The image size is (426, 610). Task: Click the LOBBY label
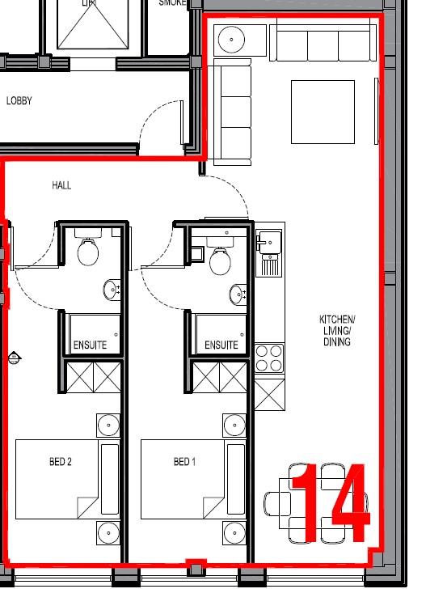click(19, 101)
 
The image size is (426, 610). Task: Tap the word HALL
click(61, 185)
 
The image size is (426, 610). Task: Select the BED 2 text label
click(60, 462)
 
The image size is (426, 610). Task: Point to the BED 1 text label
click(184, 462)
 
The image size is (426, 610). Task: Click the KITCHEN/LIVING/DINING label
click(336, 331)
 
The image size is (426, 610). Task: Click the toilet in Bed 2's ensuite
click(88, 252)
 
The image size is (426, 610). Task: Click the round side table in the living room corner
click(232, 38)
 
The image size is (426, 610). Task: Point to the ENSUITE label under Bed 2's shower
click(90, 345)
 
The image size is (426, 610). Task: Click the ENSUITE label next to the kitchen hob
click(221, 345)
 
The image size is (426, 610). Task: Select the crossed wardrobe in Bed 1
click(220, 377)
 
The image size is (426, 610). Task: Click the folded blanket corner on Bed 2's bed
click(87, 508)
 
